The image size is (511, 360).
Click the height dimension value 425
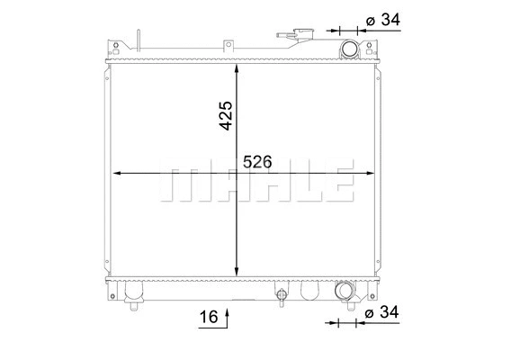[225, 116]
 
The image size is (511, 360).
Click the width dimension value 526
[258, 162]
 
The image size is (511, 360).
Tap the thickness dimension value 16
[208, 316]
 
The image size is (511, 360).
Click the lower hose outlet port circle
[345, 291]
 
